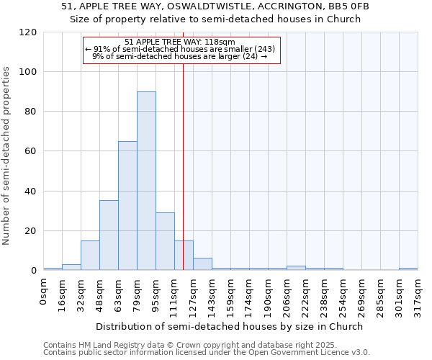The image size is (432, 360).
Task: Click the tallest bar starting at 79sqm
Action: [146, 181]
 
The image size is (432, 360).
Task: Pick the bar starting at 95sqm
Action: [165, 241]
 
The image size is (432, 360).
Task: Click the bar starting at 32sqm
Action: [90, 256]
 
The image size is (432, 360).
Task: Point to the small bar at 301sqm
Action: [408, 269]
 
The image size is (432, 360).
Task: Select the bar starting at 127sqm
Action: [202, 264]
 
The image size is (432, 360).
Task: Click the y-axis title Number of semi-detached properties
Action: [6, 156]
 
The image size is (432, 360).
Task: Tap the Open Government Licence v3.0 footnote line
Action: [207, 352]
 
